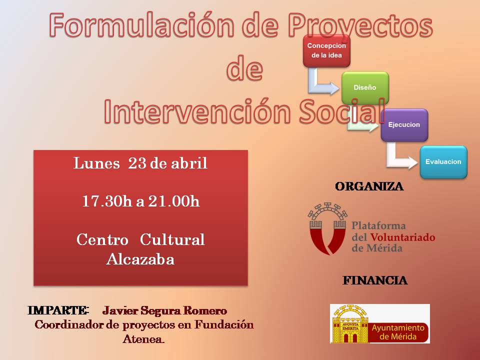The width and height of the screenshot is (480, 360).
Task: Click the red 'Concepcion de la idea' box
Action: [326, 51]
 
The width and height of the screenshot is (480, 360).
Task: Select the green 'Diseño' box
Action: [365, 88]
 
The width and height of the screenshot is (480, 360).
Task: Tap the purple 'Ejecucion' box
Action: [404, 125]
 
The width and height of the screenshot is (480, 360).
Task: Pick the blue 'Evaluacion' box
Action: [443, 162]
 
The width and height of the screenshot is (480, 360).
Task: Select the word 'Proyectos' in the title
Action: [360, 25]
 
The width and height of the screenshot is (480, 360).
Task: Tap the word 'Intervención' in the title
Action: [197, 111]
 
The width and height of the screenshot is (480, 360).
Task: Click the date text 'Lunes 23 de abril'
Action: [140, 163]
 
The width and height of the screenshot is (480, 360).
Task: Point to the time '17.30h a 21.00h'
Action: [141, 201]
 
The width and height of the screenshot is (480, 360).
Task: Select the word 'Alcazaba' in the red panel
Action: [140, 259]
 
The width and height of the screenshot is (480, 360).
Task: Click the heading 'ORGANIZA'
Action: [369, 186]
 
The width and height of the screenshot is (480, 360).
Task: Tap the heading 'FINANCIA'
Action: [375, 280]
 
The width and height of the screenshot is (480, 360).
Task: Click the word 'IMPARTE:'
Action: [58, 310]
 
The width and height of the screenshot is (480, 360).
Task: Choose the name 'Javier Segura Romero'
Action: [164, 310]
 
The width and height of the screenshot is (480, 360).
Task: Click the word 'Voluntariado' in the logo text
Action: [403, 237]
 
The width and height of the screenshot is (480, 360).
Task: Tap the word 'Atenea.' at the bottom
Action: [143, 339]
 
